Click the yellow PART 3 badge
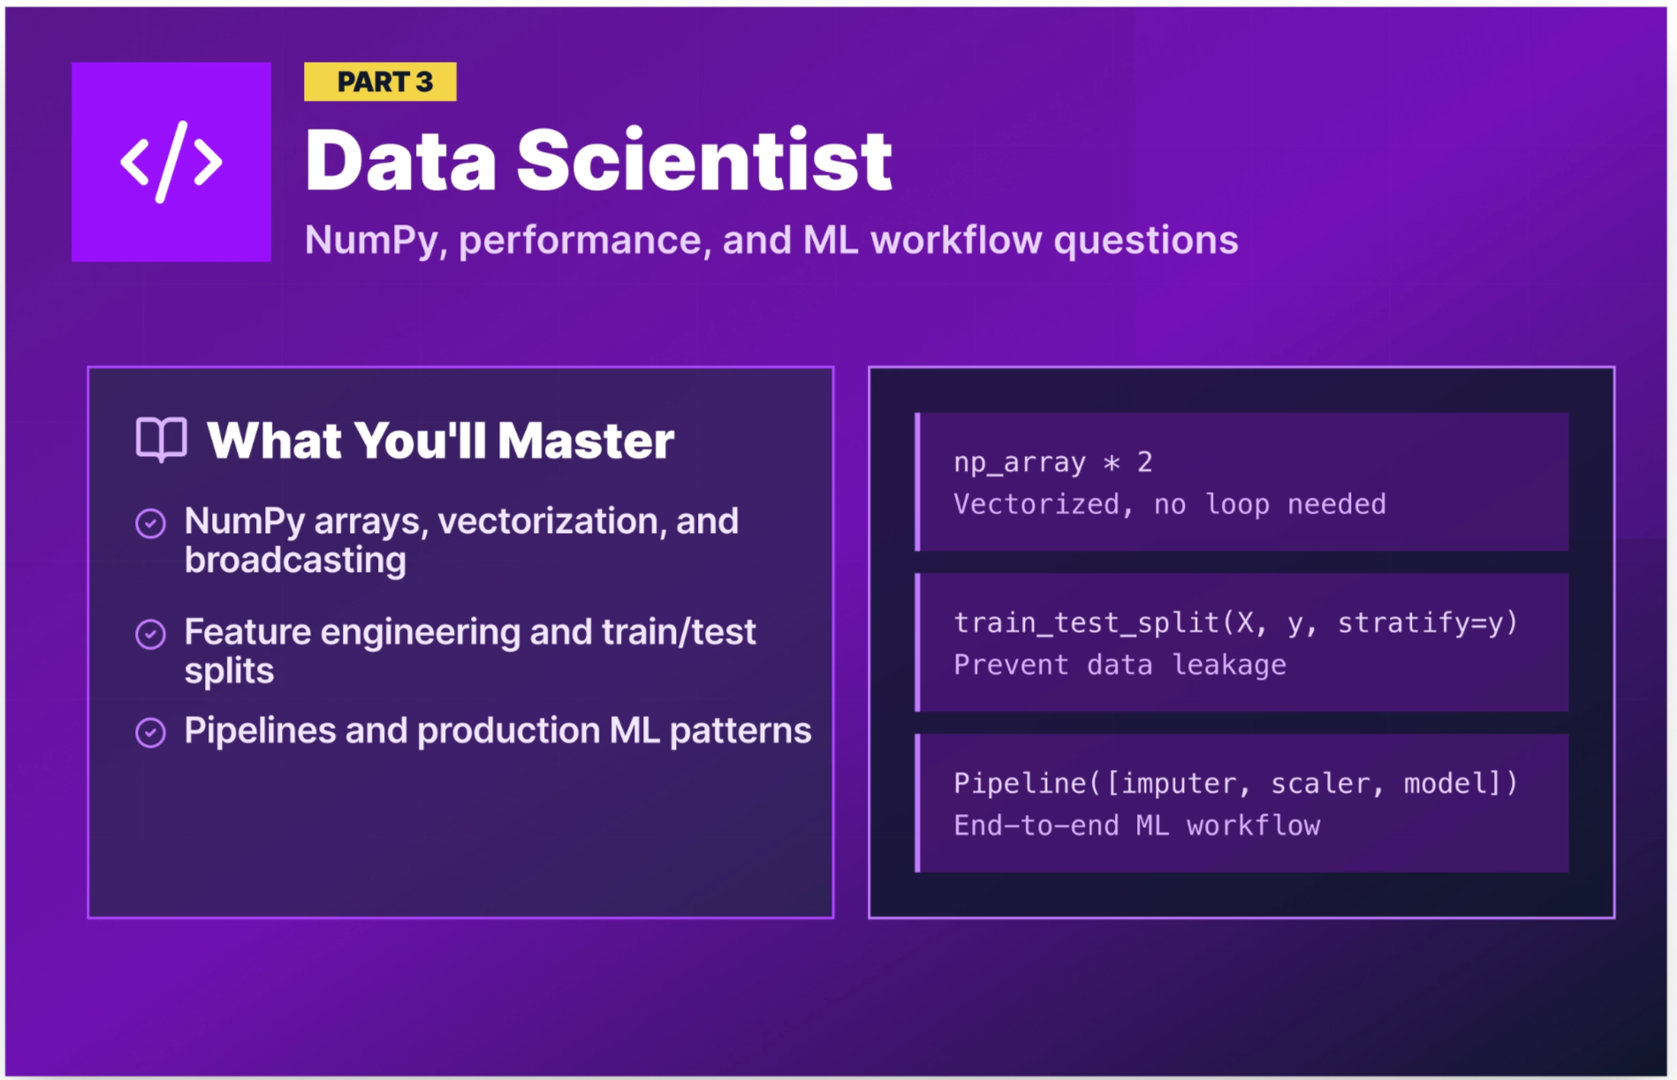pyautogui.click(x=380, y=81)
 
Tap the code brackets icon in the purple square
pyautogui.click(x=171, y=162)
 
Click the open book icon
pyautogui.click(x=162, y=439)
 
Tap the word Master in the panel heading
pyautogui.click(x=586, y=440)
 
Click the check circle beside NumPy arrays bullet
pyautogui.click(x=150, y=523)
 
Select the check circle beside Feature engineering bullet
pyautogui.click(x=150, y=634)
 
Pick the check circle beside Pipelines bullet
pyautogui.click(x=150, y=732)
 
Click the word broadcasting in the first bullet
pyautogui.click(x=295, y=560)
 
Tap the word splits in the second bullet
pyautogui.click(x=229, y=671)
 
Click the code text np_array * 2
pyautogui.click(x=1052, y=462)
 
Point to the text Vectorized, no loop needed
pyautogui.click(x=1169, y=505)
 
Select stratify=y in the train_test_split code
pyautogui.click(x=1427, y=623)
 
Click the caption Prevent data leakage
pyautogui.click(x=1119, y=665)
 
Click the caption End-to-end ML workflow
pyautogui.click(x=1136, y=826)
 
